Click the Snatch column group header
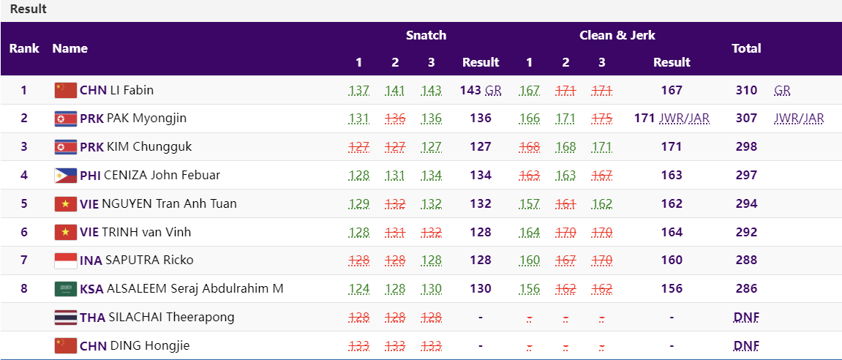426,35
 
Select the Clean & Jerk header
617,35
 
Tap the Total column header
746,48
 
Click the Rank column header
24,48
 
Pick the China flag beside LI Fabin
66,90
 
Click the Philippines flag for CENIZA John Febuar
66,175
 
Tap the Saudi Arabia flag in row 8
66,288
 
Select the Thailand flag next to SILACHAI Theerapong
66,317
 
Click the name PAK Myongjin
146,119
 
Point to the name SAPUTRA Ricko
149,260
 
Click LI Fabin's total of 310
746,90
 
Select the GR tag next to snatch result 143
493,90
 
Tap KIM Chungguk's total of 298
746,146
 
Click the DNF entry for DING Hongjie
746,345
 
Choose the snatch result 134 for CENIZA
481,175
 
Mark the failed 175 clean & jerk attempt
601,119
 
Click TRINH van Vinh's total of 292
746,232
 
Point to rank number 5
23,203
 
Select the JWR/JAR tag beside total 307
799,119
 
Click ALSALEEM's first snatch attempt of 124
358,288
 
